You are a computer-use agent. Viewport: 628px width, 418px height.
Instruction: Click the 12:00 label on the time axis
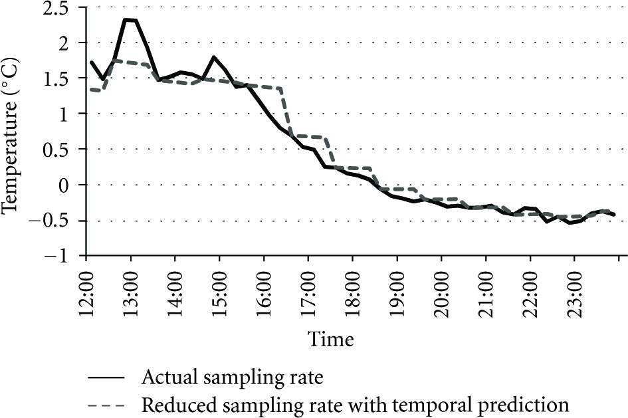(x=86, y=294)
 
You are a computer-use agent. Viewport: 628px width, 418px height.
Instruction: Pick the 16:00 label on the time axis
(x=264, y=294)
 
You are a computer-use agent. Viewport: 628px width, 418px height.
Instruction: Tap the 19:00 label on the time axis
(x=397, y=294)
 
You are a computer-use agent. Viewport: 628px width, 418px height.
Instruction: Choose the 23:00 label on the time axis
(x=574, y=294)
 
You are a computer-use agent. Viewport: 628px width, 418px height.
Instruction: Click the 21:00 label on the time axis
(x=486, y=294)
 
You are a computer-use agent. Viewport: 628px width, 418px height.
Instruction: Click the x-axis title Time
(x=331, y=340)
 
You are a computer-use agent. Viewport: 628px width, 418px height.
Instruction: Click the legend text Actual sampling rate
(x=233, y=377)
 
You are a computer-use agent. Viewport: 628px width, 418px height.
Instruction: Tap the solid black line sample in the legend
(x=106, y=377)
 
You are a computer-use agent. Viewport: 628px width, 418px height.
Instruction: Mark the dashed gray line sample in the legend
(x=106, y=405)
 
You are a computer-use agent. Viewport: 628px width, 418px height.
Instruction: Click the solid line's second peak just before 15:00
(x=213, y=57)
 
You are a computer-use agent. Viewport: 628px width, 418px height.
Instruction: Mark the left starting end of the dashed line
(x=90, y=89)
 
